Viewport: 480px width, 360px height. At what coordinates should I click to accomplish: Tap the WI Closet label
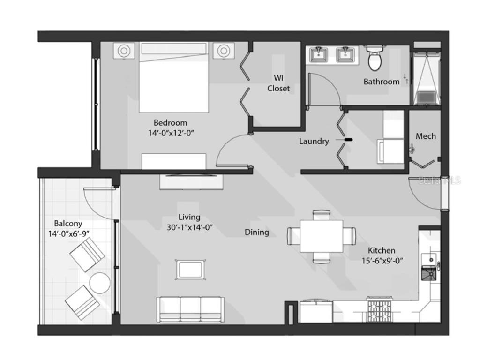click(x=278, y=83)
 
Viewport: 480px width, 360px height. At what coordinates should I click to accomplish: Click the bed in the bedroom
click(x=174, y=77)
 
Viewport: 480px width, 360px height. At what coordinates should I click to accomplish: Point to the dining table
click(x=322, y=236)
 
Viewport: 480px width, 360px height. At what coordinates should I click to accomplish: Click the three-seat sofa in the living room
click(x=190, y=309)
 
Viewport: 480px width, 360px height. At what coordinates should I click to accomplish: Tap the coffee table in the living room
click(x=190, y=270)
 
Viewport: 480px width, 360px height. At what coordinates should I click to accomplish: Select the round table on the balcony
click(x=100, y=283)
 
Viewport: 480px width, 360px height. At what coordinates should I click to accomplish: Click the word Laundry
click(x=314, y=141)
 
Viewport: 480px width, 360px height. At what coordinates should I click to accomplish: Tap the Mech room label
click(x=426, y=136)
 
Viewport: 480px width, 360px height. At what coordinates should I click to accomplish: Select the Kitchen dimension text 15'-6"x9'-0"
click(x=382, y=261)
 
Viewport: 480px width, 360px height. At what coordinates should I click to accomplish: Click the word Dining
click(x=257, y=232)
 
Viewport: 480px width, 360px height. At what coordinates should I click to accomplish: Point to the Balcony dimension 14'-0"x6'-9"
click(x=69, y=234)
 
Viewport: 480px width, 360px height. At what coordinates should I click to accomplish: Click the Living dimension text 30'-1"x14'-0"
click(x=190, y=227)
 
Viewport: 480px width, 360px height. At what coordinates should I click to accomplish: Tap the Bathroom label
click(x=382, y=82)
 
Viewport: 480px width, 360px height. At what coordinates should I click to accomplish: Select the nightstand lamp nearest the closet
click(x=224, y=51)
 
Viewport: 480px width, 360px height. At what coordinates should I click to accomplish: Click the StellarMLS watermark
click(x=440, y=180)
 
